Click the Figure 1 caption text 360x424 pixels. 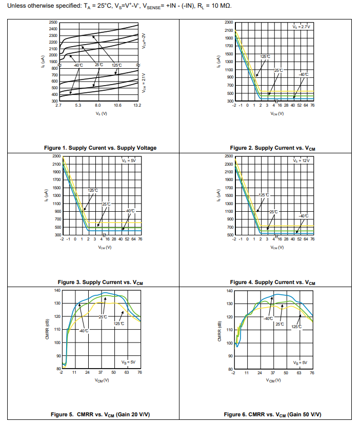pyautogui.click(x=100, y=148)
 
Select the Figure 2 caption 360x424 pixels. pyautogui.click(x=273, y=148)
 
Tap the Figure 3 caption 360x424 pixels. pyautogui.click(x=100, y=282)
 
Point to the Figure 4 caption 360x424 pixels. pyautogui.click(x=273, y=282)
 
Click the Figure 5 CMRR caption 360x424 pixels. pyautogui.click(x=100, y=414)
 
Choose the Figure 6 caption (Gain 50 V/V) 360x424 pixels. pyautogui.click(x=273, y=414)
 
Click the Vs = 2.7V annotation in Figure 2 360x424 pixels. pyautogui.click(x=301, y=26)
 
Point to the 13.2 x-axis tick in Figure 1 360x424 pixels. pyautogui.click(x=137, y=105)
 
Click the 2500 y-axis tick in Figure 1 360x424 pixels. pyautogui.click(x=53, y=23)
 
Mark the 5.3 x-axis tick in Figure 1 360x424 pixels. pyautogui.click(x=78, y=105)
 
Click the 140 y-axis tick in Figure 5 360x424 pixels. pyautogui.click(x=57, y=291)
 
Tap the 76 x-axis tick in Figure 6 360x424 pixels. pyautogui.click(x=312, y=373)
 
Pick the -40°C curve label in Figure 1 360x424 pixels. pyautogui.click(x=78, y=65)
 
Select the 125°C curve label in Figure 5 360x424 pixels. pyautogui.click(x=119, y=324)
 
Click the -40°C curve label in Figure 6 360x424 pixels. pyautogui.click(x=268, y=319)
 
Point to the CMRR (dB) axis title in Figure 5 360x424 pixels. pyautogui.click(x=47, y=330)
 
